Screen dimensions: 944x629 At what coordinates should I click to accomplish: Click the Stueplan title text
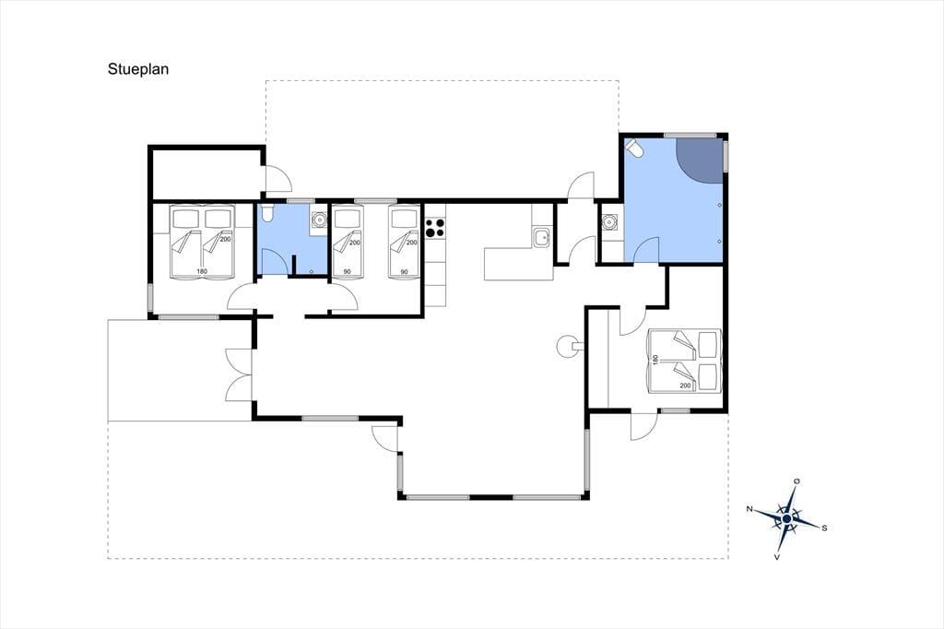click(138, 69)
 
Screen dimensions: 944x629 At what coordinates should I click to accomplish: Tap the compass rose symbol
click(787, 518)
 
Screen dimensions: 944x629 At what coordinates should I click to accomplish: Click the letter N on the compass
click(749, 509)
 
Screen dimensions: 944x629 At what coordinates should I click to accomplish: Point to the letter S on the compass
click(824, 528)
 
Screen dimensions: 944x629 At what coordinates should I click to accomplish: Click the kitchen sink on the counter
click(541, 237)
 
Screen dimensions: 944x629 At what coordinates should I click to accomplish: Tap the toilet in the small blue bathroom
click(267, 213)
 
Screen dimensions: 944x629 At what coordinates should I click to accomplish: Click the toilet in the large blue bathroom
click(634, 148)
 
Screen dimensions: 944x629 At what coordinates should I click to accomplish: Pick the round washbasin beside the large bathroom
click(610, 223)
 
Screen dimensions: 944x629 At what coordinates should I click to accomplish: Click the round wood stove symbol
click(568, 346)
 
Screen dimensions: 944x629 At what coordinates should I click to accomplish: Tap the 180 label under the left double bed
click(202, 272)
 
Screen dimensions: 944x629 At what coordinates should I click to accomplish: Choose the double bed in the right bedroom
click(684, 361)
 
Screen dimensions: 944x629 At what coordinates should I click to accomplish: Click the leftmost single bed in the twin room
click(348, 243)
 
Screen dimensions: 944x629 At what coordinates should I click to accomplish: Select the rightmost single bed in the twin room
click(404, 243)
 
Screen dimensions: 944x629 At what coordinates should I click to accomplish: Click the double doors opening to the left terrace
click(240, 374)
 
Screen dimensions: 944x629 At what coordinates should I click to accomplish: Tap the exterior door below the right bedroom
click(643, 427)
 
